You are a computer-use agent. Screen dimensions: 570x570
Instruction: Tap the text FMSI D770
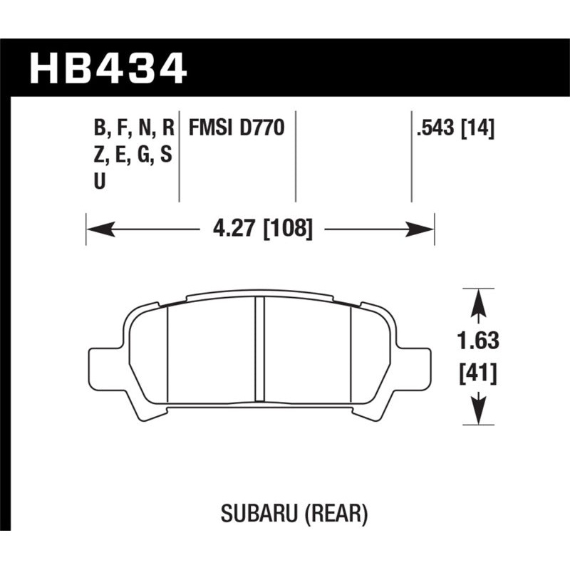coord(236,128)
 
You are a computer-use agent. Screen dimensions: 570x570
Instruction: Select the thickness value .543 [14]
coord(454,128)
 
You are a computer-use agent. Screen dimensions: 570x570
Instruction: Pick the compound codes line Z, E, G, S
coord(133,155)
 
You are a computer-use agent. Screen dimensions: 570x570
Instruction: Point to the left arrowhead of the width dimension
coord(98,229)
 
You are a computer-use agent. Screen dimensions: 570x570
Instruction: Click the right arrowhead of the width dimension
coord(423,229)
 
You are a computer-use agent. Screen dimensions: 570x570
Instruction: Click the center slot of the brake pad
coord(259,349)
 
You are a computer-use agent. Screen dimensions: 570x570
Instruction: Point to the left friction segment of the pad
coord(210,349)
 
